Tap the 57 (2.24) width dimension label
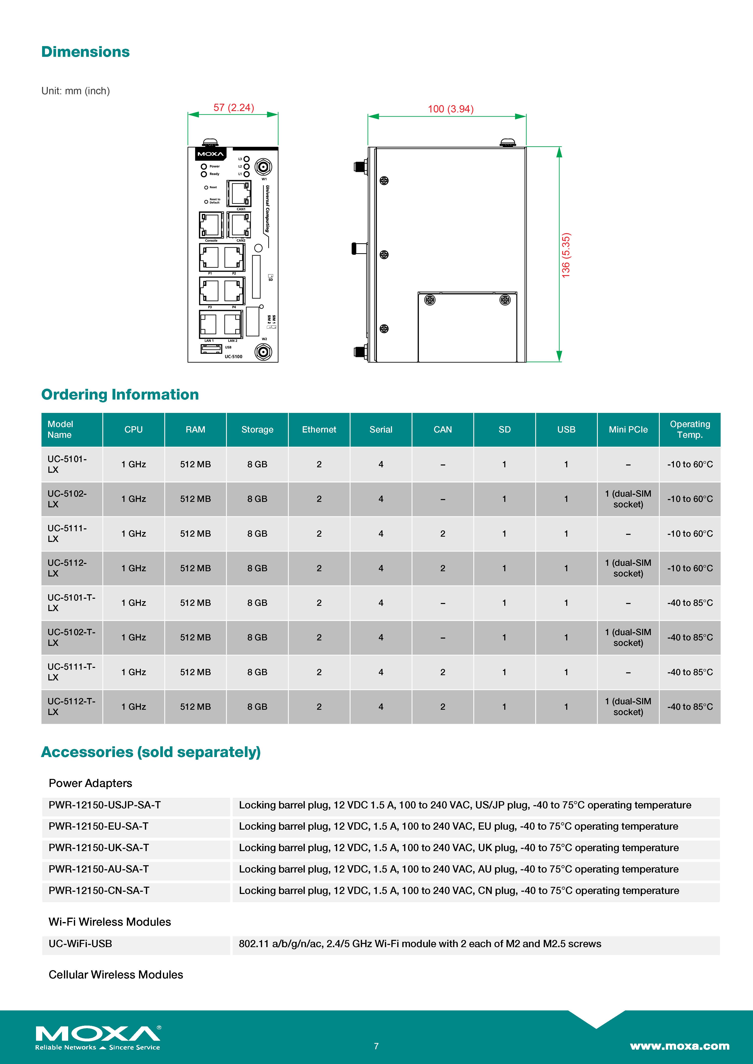234,108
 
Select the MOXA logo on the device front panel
210,154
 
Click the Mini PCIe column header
628,430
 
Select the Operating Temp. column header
689,430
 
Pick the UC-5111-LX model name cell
67,533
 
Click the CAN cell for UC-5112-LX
442,568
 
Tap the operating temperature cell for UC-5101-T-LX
689,603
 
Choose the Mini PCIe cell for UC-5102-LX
628,499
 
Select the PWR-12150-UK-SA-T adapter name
99,848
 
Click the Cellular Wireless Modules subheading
116,975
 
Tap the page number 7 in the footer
376,1046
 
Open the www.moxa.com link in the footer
679,1046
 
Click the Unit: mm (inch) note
75,91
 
